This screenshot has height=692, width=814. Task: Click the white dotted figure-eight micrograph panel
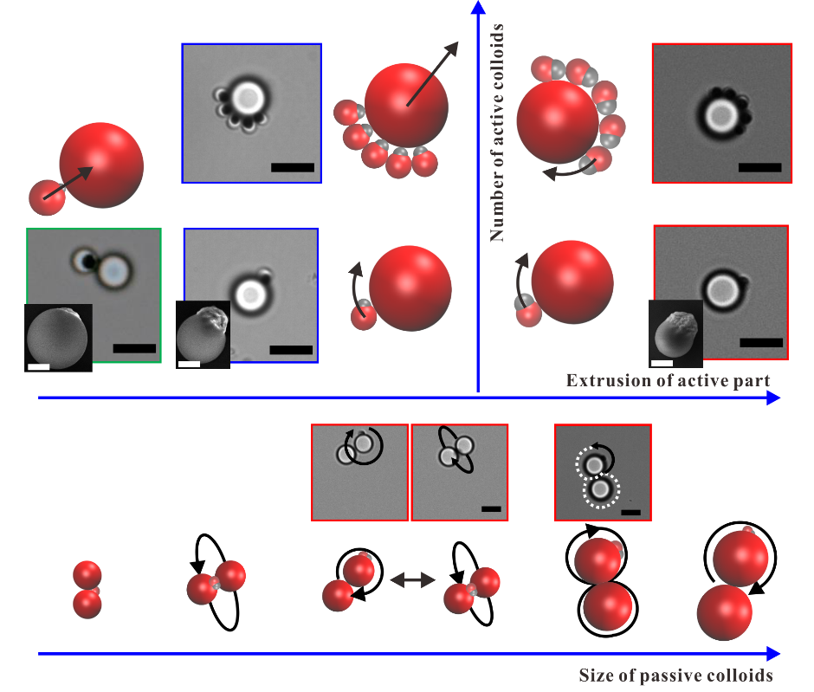(x=602, y=472)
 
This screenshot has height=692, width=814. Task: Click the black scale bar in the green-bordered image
(x=134, y=348)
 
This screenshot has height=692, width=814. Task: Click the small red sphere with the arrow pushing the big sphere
(x=46, y=197)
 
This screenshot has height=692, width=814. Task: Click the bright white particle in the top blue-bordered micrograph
(x=249, y=95)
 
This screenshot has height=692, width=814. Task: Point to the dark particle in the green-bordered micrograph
(x=85, y=261)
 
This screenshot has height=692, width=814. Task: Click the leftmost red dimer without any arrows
(x=87, y=589)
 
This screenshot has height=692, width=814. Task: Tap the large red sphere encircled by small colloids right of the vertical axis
(x=557, y=121)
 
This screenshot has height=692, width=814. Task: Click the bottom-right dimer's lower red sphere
(x=724, y=611)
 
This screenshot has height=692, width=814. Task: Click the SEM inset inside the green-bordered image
(x=58, y=337)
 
